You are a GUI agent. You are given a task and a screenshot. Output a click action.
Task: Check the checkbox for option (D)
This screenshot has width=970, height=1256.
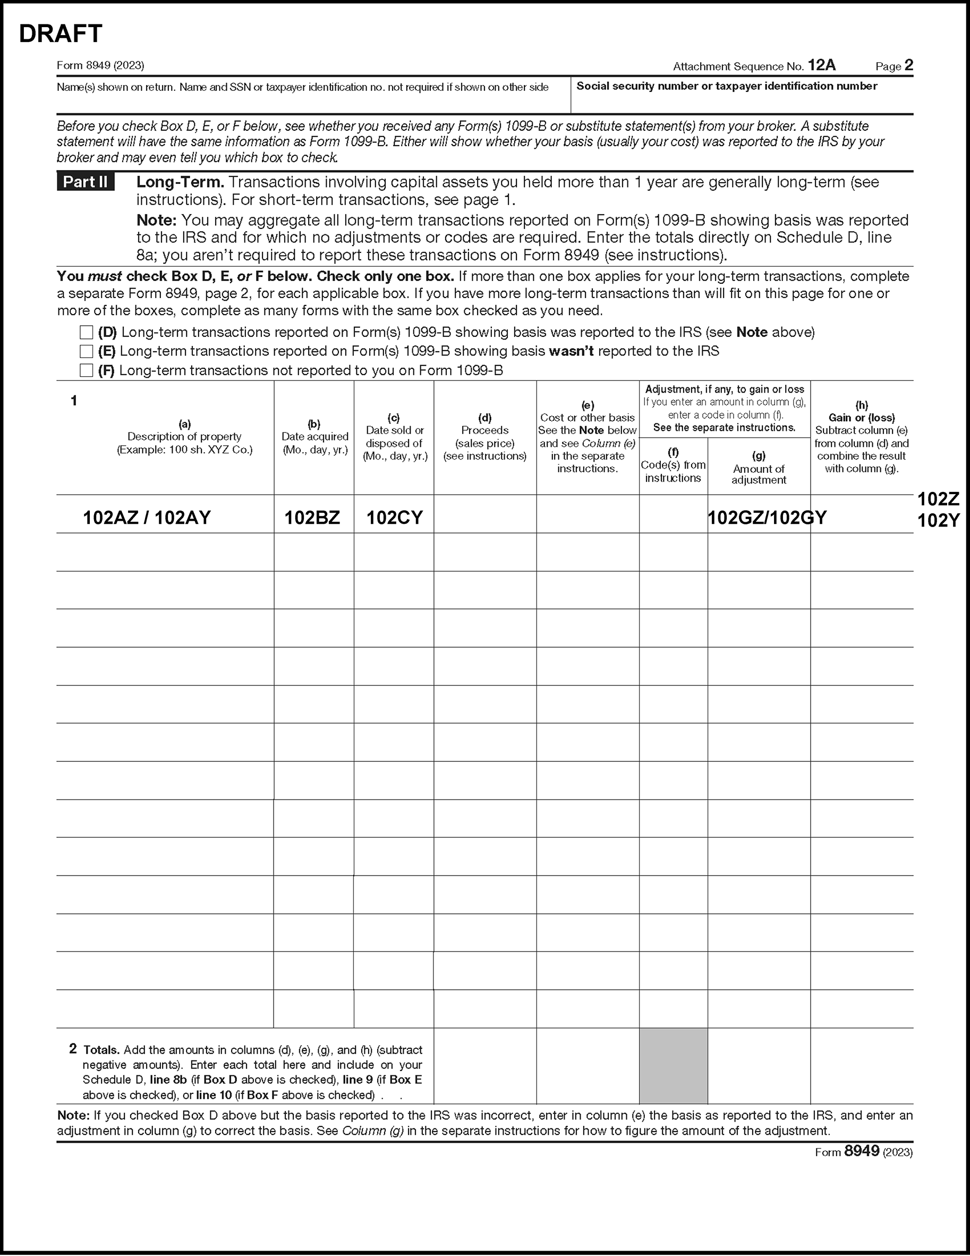pos(86,333)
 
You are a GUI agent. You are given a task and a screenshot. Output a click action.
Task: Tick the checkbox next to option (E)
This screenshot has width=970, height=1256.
pos(86,351)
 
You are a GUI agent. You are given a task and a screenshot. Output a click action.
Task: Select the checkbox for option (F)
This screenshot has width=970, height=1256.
pos(86,370)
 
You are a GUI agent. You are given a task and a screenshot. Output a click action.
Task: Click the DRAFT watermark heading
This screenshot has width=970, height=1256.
pos(61,34)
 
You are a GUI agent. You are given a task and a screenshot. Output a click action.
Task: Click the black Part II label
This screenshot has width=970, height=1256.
pos(85,182)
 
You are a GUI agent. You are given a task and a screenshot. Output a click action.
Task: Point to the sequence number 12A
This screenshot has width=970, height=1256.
pos(822,65)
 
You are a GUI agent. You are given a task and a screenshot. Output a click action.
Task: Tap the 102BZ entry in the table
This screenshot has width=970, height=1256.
pos(312,517)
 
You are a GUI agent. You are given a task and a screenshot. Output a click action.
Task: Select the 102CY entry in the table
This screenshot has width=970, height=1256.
pos(395,517)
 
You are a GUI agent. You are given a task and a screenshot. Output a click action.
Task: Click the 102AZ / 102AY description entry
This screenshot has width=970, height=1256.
pos(147,517)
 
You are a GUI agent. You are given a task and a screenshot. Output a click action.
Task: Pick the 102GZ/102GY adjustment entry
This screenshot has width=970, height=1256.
pos(767,517)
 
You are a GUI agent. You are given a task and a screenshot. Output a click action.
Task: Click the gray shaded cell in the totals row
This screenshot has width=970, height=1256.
pos(673,1066)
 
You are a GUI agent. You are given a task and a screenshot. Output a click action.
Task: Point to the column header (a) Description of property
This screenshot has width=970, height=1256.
pos(184,437)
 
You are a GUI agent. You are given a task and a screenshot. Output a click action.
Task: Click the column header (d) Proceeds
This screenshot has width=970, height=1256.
pos(484,437)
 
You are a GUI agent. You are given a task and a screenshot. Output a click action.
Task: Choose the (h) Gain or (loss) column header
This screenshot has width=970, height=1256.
pos(861,437)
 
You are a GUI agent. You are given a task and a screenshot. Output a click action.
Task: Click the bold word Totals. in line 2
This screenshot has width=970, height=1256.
pos(102,1050)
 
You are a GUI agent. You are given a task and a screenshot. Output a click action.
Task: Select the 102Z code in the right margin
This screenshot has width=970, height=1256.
pos(938,498)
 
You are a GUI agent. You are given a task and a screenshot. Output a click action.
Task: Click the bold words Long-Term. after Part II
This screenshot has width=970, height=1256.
pos(180,182)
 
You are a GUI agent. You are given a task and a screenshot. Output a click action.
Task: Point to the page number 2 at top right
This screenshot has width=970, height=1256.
pos(908,65)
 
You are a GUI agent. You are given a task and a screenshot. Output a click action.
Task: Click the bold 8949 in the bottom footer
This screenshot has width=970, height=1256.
pos(861,1151)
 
